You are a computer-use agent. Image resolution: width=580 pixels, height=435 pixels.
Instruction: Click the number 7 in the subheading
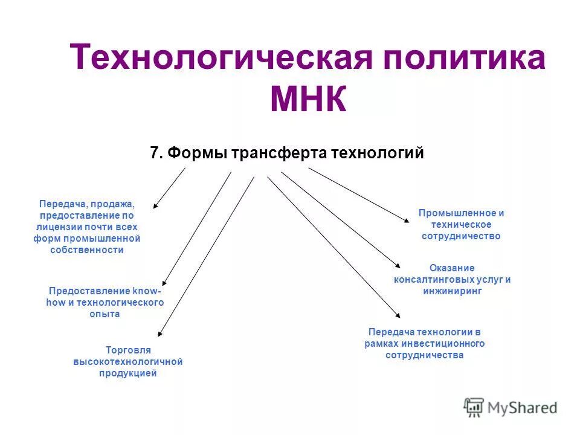(x=154, y=153)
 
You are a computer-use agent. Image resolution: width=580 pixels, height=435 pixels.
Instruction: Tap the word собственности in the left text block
(x=87, y=250)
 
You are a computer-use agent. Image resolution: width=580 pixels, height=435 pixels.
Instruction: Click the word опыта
(x=105, y=314)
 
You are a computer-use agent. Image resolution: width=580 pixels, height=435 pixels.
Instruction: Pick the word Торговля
(x=127, y=350)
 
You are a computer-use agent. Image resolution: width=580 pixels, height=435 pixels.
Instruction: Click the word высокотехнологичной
(x=127, y=361)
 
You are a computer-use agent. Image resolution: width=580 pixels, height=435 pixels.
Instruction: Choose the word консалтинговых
(x=432, y=279)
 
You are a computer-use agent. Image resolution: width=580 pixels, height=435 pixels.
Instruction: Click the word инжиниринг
(x=453, y=291)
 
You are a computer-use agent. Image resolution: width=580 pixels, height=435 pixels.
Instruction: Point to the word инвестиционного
(x=446, y=343)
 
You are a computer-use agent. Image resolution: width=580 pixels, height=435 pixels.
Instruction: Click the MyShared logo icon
(x=474, y=407)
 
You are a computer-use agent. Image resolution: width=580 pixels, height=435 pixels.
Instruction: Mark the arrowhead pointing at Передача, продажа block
(x=155, y=206)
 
